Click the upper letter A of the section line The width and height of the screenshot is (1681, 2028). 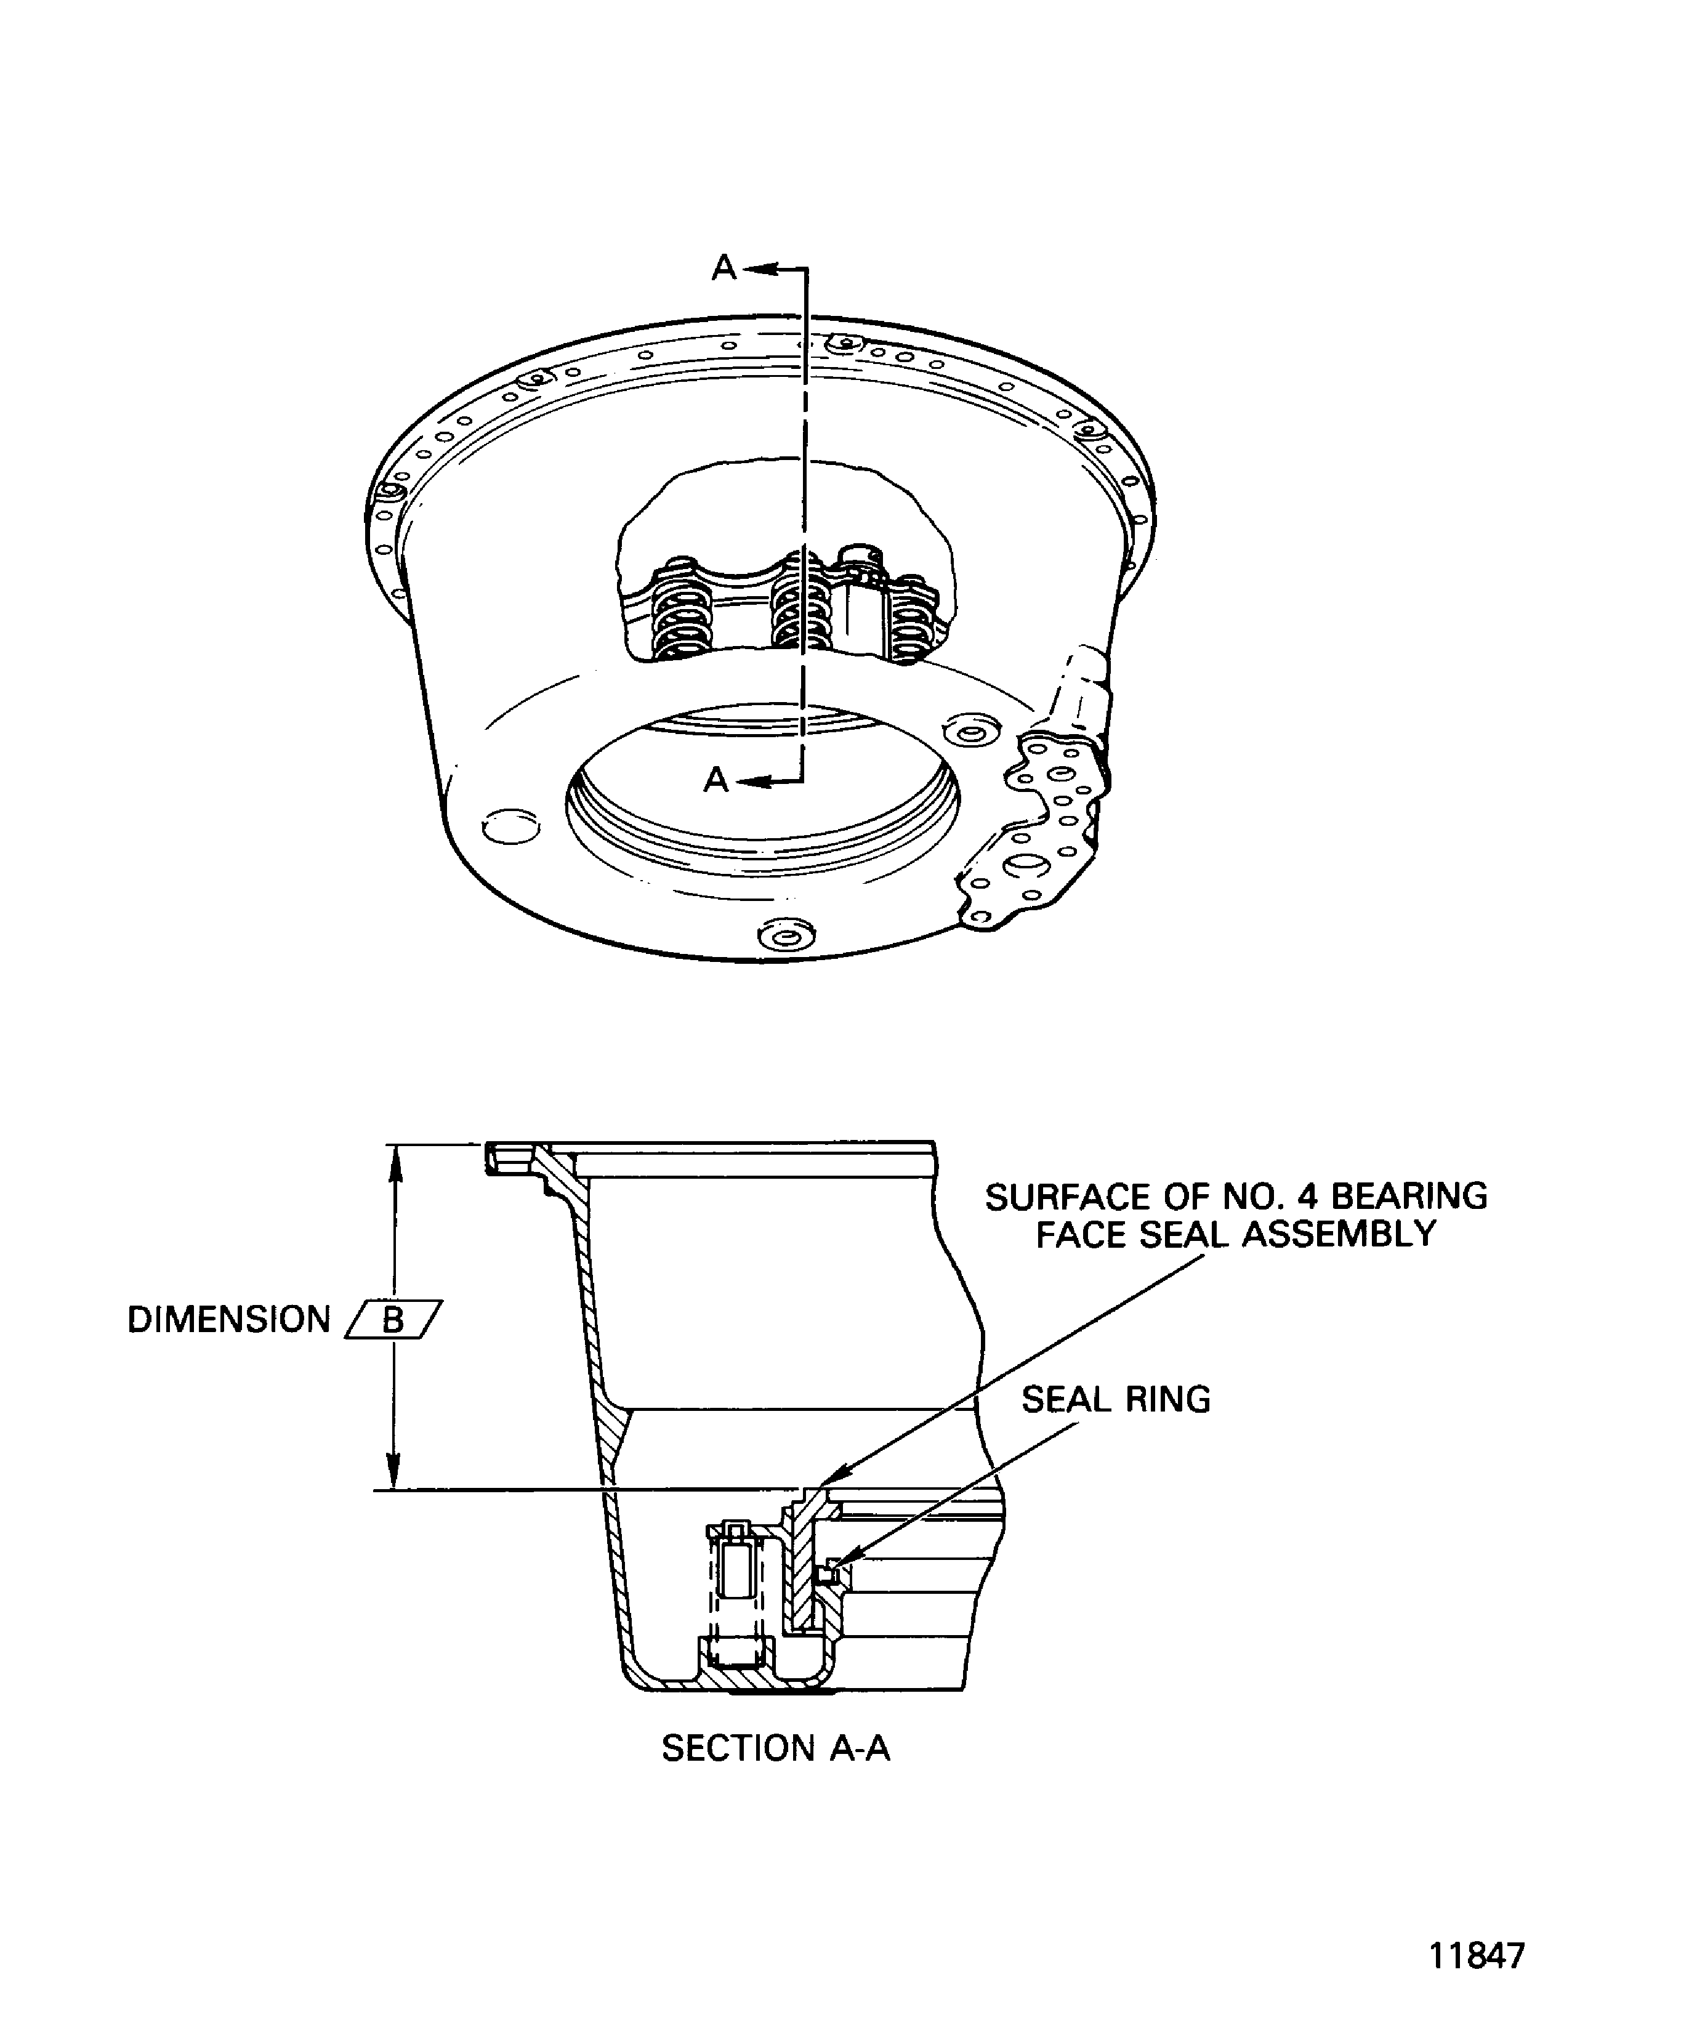point(724,267)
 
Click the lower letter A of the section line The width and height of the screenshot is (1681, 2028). point(716,779)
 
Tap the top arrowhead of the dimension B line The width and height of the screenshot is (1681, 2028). point(393,1160)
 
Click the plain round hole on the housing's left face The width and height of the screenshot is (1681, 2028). point(509,826)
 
